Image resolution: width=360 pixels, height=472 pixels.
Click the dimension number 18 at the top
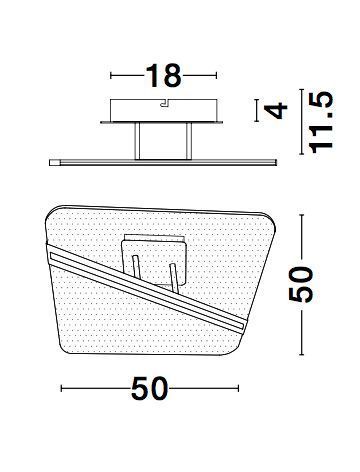pyautogui.click(x=161, y=74)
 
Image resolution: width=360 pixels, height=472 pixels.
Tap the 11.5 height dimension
pyautogui.click(x=320, y=123)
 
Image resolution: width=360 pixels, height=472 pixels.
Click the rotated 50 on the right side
pyautogui.click(x=306, y=286)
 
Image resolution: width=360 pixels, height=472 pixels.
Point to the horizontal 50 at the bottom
pyautogui.click(x=152, y=388)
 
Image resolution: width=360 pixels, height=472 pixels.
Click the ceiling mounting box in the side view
pyautogui.click(x=162, y=111)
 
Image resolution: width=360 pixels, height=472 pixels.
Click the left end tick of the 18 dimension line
pyautogui.click(x=109, y=74)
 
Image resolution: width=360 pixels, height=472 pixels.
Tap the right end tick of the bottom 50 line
pyautogui.click(x=240, y=388)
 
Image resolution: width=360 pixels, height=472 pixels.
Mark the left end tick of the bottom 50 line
pyautogui.click(x=62, y=388)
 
